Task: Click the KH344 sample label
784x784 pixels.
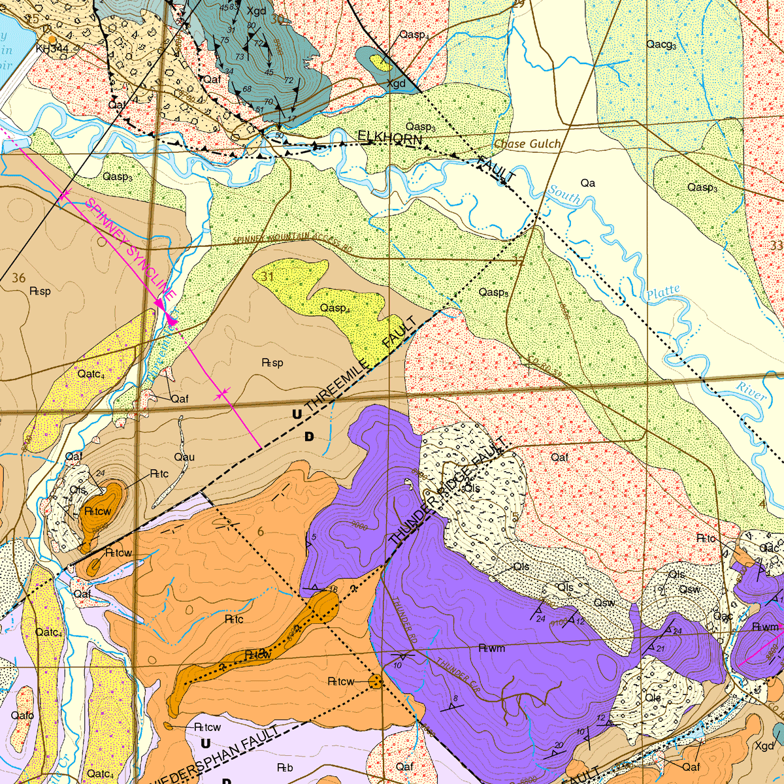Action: coord(52,48)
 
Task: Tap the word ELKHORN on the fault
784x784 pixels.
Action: coord(389,137)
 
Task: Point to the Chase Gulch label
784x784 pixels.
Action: coord(527,144)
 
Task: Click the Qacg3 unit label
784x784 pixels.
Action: coord(661,44)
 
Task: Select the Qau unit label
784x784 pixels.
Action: coord(184,457)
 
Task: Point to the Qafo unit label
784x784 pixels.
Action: coord(22,715)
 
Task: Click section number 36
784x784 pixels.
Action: coord(18,278)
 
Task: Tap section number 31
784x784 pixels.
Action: coord(267,277)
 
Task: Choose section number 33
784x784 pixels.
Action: coord(776,246)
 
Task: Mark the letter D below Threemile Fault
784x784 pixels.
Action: coord(309,436)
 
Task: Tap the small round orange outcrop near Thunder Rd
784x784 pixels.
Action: coord(376,681)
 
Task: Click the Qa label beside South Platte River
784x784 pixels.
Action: coord(587,183)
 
